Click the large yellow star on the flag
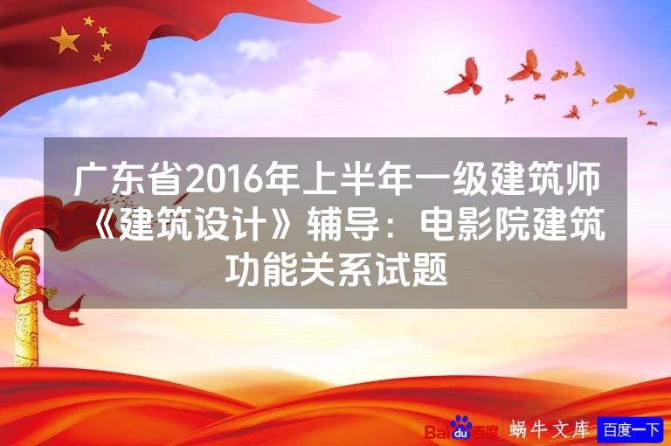pyautogui.click(x=66, y=38)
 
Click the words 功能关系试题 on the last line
pyautogui.click(x=336, y=272)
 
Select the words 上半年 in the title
pyautogui.click(x=335, y=181)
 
